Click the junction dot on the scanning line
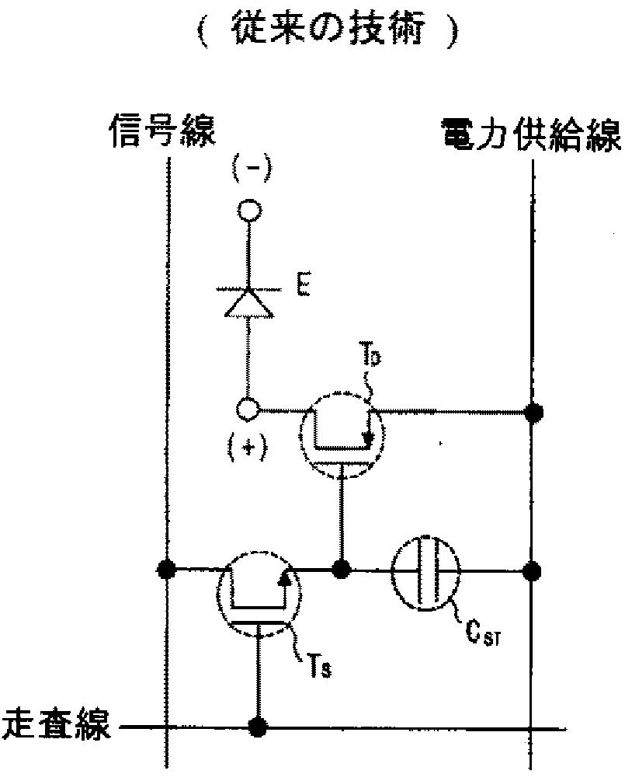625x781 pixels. point(257,728)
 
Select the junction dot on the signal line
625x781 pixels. point(165,569)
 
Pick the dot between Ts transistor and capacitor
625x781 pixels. point(340,570)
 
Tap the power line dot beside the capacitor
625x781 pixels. point(532,571)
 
